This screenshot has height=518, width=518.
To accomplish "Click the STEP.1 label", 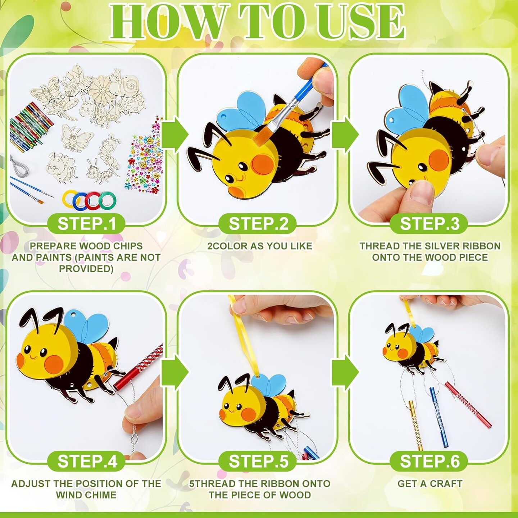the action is [87, 224].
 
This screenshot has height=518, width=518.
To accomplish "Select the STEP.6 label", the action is [430, 461].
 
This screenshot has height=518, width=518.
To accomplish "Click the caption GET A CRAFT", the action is [430, 484].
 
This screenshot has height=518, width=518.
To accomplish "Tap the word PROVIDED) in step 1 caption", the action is [86, 269].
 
